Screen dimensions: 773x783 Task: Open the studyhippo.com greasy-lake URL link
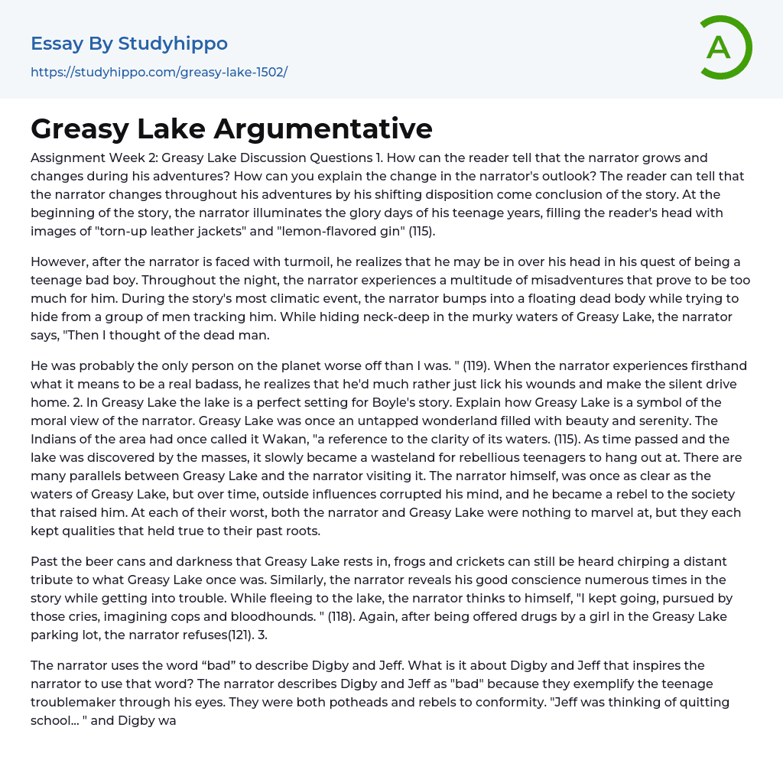(x=159, y=73)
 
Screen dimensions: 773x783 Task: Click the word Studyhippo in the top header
(x=173, y=44)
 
